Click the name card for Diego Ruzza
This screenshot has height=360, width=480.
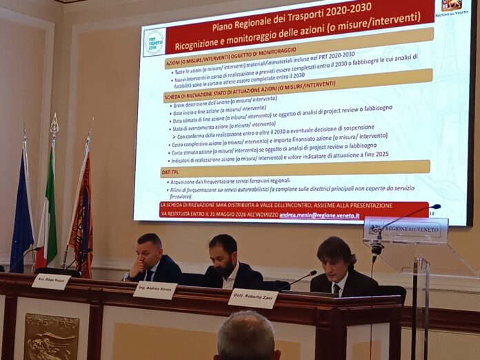(50, 282)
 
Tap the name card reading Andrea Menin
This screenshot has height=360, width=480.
(154, 290)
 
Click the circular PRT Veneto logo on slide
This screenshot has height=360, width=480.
(154, 43)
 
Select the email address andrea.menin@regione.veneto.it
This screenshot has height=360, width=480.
(319, 215)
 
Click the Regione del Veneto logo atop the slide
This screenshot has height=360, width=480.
(452, 7)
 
